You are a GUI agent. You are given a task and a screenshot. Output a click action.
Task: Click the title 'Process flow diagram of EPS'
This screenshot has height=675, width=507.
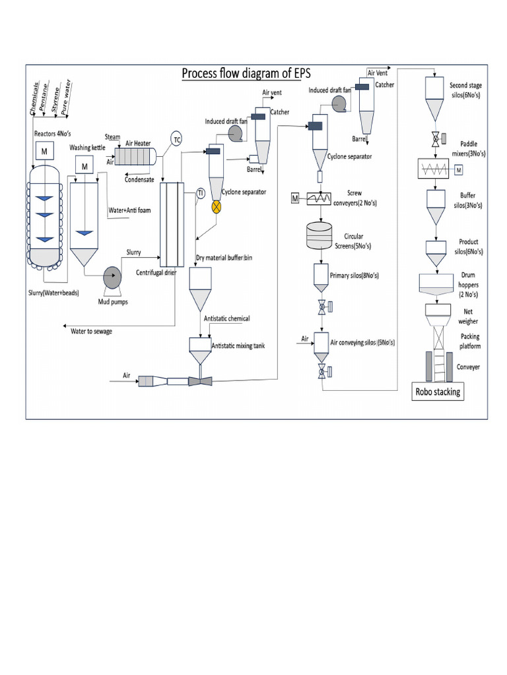255,74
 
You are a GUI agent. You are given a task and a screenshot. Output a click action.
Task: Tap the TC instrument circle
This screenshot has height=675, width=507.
176,138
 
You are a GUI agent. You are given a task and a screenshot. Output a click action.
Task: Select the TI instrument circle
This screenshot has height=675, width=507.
201,192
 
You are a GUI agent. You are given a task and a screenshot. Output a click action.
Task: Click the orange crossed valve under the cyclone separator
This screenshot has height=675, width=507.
216,206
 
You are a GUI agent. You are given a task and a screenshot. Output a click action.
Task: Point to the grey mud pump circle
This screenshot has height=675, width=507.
112,276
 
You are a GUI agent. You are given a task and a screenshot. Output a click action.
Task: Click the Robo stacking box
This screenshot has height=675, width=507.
437,392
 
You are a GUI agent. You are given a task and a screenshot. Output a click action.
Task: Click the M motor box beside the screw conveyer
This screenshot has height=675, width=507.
295,198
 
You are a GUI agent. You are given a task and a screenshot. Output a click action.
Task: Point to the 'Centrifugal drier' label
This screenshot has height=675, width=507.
155,272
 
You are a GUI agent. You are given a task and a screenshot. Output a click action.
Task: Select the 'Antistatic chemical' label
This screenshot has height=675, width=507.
227,318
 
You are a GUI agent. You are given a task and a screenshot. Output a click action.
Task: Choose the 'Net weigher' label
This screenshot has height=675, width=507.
469,317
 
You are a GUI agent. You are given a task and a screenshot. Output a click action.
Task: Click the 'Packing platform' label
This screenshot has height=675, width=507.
469,341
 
